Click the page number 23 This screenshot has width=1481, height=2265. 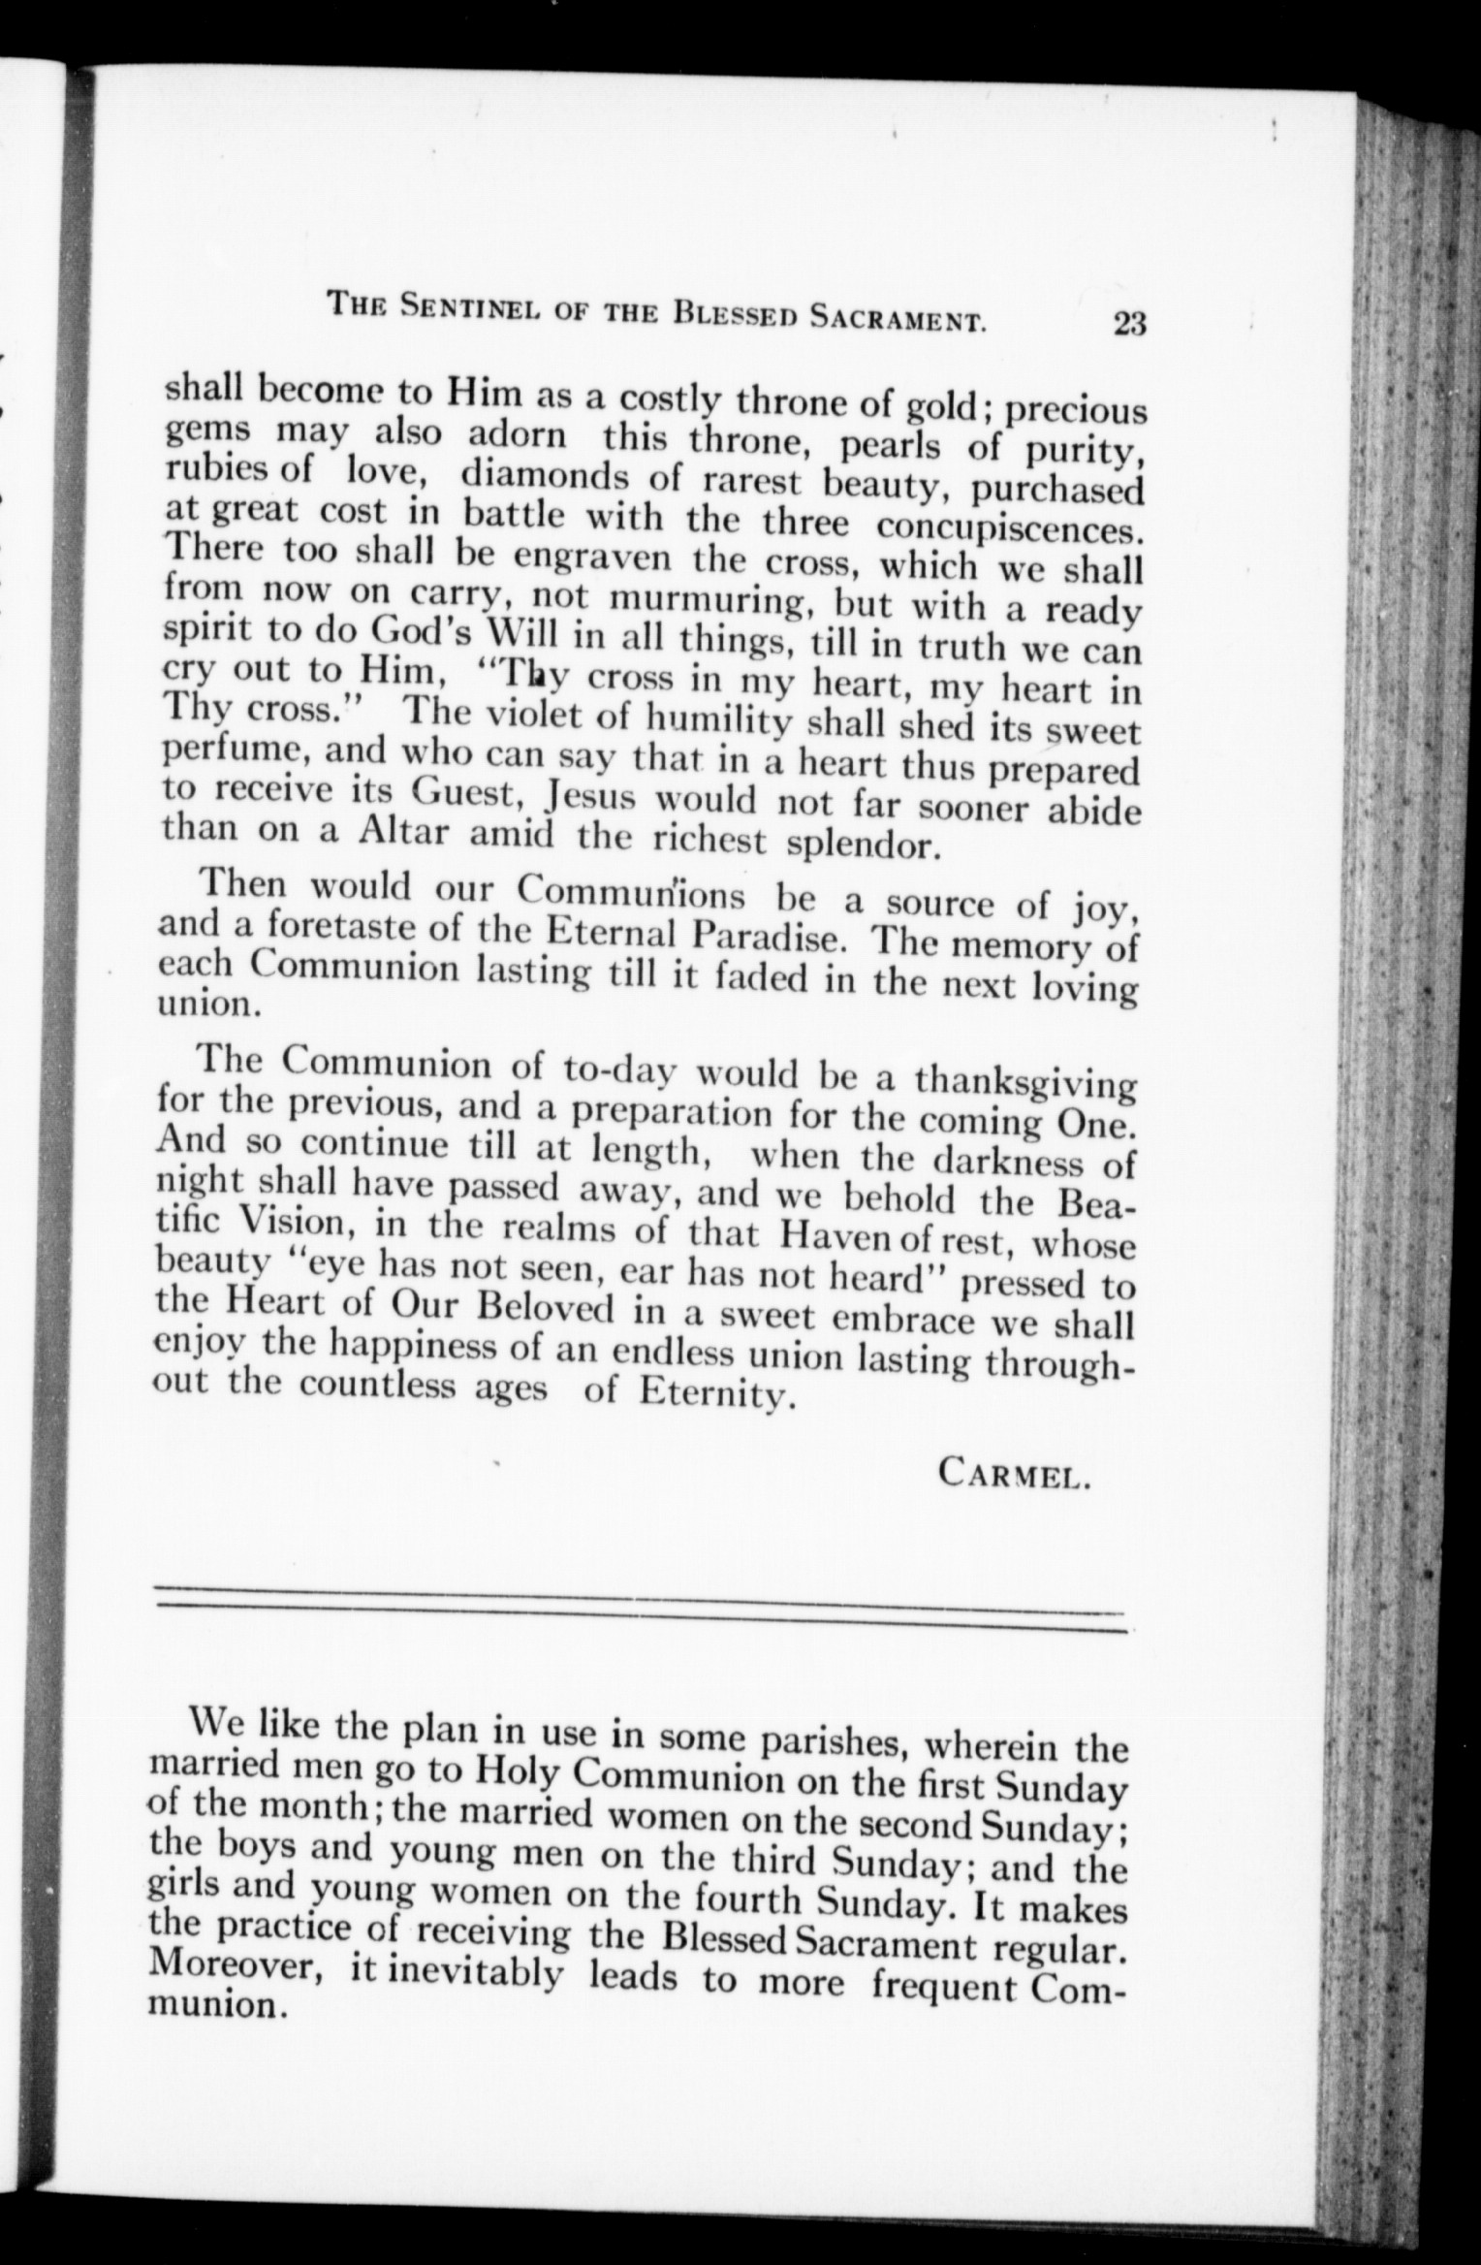click(1130, 322)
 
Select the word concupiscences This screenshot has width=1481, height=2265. click(1009, 529)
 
